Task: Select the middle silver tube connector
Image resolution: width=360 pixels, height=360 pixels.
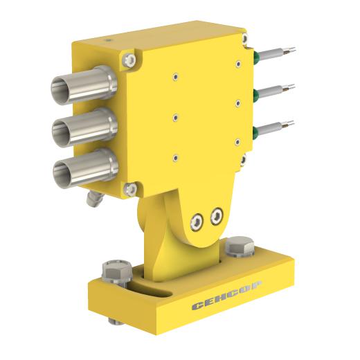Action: [85, 127]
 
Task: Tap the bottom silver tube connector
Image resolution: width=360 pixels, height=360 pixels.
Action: [86, 168]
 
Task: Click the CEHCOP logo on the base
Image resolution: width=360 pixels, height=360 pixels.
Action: [227, 296]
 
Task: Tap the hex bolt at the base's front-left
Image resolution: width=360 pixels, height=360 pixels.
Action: [117, 273]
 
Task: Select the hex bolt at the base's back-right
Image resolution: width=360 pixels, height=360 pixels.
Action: [240, 247]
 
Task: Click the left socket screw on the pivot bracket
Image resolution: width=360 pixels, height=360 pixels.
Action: [197, 222]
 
